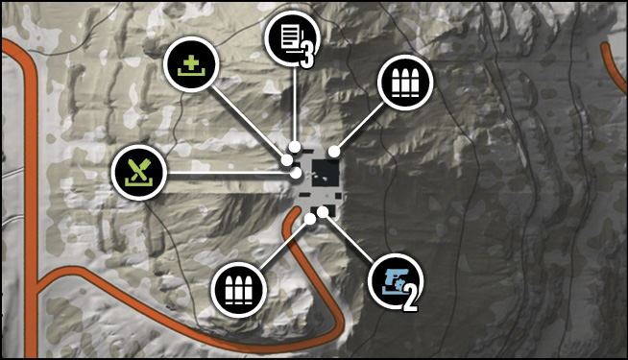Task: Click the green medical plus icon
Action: pos(191,64)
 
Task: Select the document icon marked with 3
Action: pos(292,38)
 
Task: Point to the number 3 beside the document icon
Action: pos(306,56)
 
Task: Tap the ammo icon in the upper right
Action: pos(405,83)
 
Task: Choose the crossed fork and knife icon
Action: pos(139,173)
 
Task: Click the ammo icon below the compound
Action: pos(239,290)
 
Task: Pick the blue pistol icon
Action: pos(396,281)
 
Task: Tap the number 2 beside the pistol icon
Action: pos(410,300)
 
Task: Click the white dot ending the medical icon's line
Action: pos(287,160)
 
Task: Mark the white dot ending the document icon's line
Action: pos(295,147)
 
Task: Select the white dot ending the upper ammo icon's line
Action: pos(334,152)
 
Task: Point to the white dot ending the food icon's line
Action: pos(296,174)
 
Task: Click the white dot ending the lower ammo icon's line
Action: pos(309,219)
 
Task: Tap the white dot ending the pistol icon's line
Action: pos(323,212)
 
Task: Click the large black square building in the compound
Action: pos(326,173)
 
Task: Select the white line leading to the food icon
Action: pos(229,173)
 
